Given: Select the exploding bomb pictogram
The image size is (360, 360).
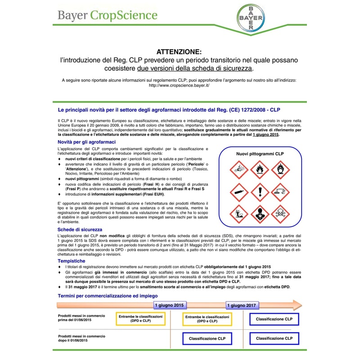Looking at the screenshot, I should pos(238,170).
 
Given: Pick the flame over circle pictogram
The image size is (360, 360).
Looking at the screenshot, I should pos(280,170).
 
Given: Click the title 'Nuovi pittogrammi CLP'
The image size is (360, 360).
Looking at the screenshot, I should pos(260,154).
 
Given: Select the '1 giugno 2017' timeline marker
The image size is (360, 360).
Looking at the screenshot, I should pos(242,305).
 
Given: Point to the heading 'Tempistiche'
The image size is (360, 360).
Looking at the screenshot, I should pos(71,261).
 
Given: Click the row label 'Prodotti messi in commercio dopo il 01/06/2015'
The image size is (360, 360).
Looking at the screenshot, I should pos(81,338).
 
